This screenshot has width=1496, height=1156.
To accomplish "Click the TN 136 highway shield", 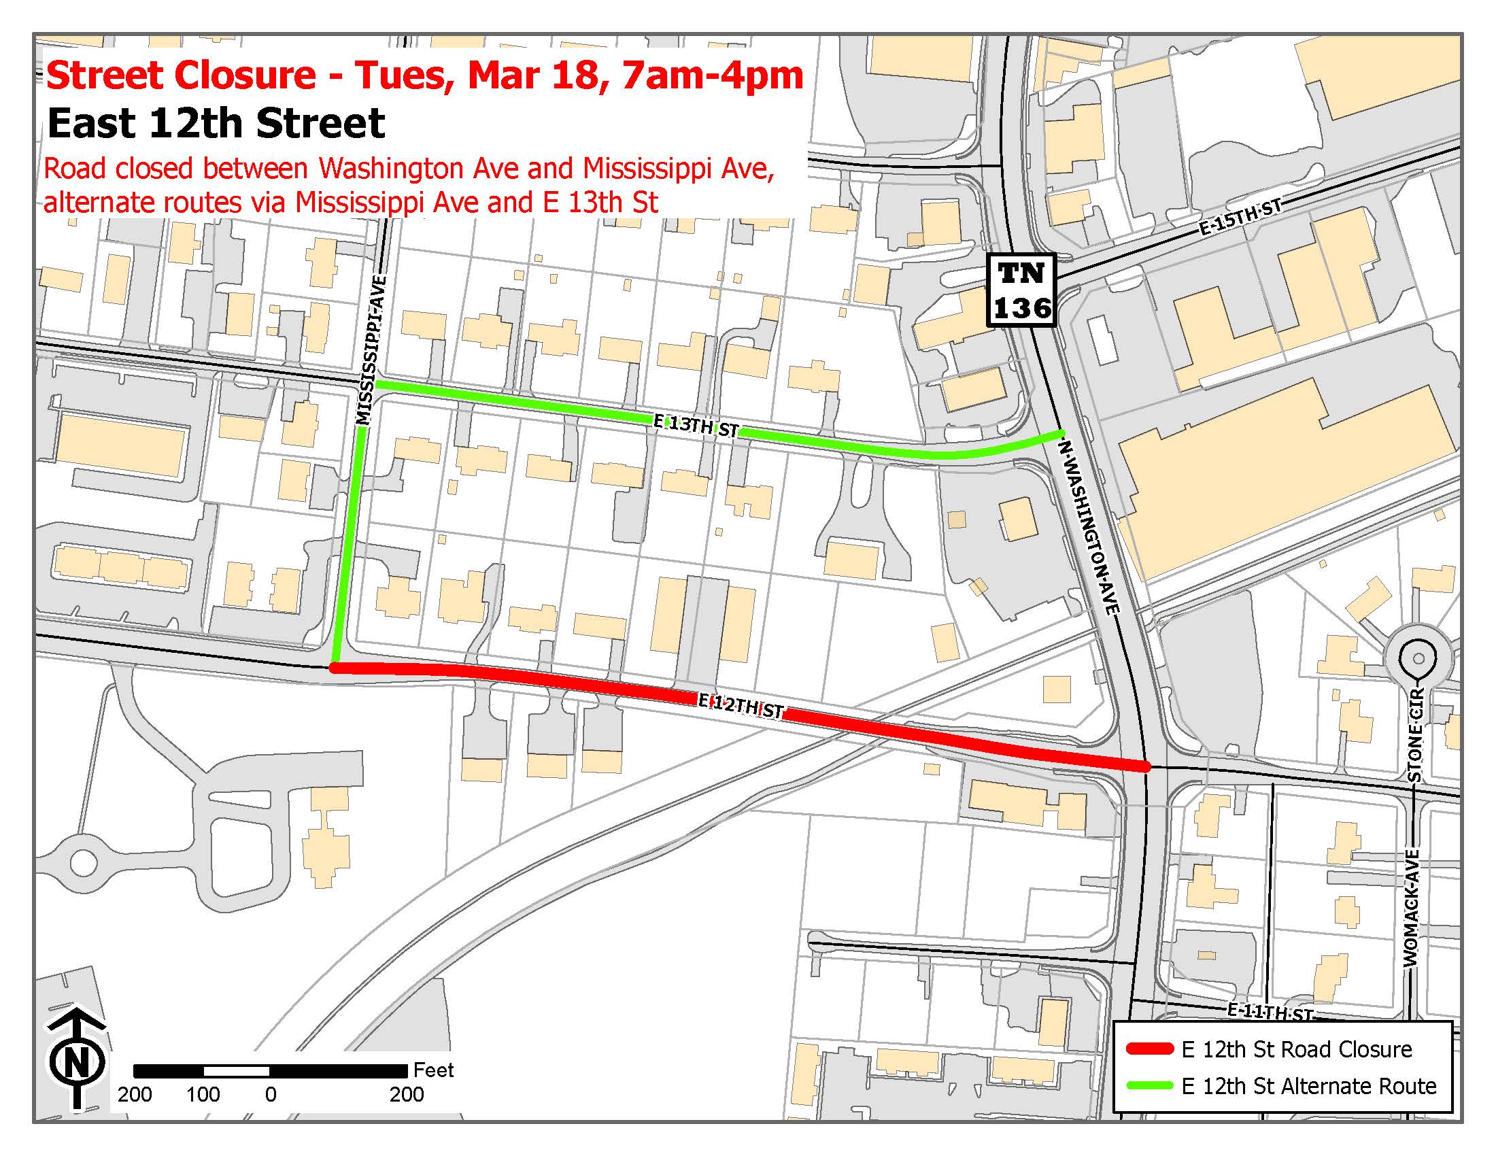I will pos(1021,290).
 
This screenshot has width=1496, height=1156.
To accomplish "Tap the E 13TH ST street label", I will pos(695,426).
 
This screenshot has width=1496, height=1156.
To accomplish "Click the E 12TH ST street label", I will pos(740,706).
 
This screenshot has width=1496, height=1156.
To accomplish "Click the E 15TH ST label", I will pos(1240,217).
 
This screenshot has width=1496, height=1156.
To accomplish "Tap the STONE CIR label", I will pos(1416,734).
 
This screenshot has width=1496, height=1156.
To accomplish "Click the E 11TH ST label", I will pos(1270,1012).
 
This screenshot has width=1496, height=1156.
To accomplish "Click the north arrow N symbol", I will pos(77,1061).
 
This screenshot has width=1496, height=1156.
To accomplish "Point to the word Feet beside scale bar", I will pos(433,1070).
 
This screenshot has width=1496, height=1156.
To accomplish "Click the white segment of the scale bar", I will pos(237,1070).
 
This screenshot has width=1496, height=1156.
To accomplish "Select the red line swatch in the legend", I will pos(1149,1049).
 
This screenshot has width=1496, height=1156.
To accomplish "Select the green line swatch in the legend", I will pos(1149,1085).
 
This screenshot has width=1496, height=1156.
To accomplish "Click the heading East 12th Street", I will pos(216,123).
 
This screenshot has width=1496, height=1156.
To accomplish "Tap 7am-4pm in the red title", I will pos(713,75).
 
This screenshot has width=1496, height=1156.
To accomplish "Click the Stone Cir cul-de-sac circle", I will pos(1418,658).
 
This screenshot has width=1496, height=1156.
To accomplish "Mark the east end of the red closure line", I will pos(1145,766).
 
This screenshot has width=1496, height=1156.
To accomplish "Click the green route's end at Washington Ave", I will pos(1060,431).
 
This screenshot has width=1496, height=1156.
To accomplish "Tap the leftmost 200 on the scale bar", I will pos(134,1094).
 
